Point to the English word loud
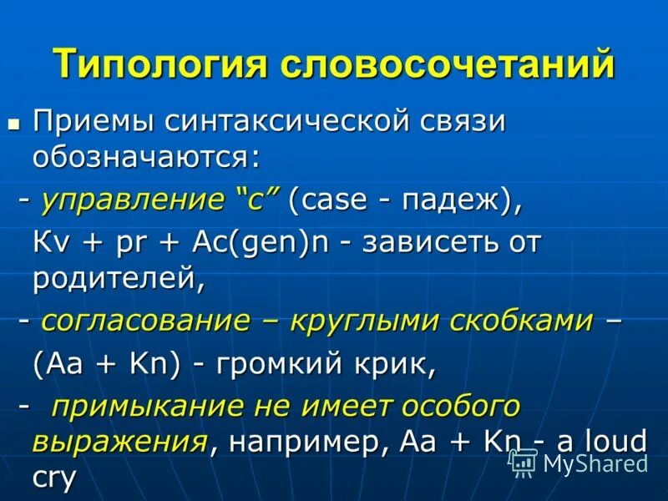[614, 440]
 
